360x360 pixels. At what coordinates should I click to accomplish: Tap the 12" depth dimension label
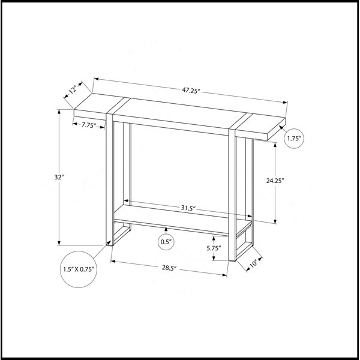[73, 89]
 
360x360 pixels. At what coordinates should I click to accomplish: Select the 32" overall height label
[59, 177]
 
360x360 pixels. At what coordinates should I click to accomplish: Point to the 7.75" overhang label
[89, 125]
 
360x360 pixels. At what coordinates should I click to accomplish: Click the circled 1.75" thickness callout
[294, 139]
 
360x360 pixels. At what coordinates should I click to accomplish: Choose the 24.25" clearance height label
[275, 181]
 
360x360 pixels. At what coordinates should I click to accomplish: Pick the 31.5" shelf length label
[188, 208]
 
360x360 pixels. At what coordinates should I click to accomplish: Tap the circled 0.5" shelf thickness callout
[166, 242]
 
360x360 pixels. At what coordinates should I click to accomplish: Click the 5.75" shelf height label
[214, 248]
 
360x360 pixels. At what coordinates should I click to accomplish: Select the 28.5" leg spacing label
[169, 268]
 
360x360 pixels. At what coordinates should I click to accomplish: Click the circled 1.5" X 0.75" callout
[79, 269]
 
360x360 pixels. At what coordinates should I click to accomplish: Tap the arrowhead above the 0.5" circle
[166, 229]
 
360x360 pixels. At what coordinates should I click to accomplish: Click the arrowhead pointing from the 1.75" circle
[281, 127]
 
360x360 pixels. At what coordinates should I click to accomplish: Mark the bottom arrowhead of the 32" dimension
[59, 243]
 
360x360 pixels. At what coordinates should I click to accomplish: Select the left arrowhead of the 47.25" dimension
[97, 79]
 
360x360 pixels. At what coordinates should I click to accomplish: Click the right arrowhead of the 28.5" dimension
[225, 275]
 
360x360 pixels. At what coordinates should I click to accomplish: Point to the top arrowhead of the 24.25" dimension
[275, 145]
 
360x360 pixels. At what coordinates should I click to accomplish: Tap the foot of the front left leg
[110, 245]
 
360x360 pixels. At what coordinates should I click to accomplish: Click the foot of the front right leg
[232, 260]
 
